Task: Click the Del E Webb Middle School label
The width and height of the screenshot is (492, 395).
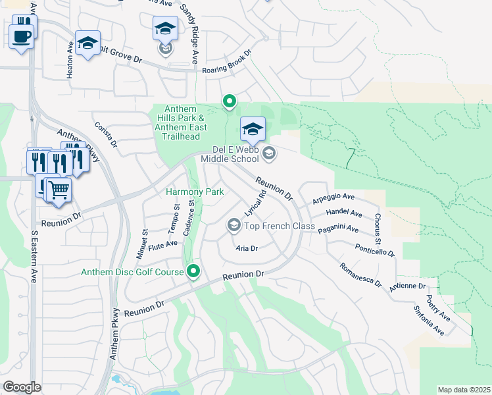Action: pos(230,155)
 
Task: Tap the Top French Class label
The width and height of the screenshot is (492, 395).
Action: pos(280,226)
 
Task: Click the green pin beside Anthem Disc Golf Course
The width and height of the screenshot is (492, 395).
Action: pos(193,271)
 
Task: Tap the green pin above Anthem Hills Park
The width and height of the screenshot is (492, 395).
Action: pos(229,101)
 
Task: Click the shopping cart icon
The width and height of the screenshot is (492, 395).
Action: pos(58,190)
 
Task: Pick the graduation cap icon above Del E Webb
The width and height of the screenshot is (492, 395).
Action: pos(252,129)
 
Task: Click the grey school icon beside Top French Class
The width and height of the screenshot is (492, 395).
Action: pos(233,226)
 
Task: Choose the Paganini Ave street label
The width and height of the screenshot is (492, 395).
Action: pos(338,229)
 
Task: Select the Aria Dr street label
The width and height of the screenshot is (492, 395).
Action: pos(246,248)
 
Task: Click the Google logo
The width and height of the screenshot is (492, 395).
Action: pos(22,387)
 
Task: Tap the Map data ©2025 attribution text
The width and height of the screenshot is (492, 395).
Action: pos(464,390)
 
